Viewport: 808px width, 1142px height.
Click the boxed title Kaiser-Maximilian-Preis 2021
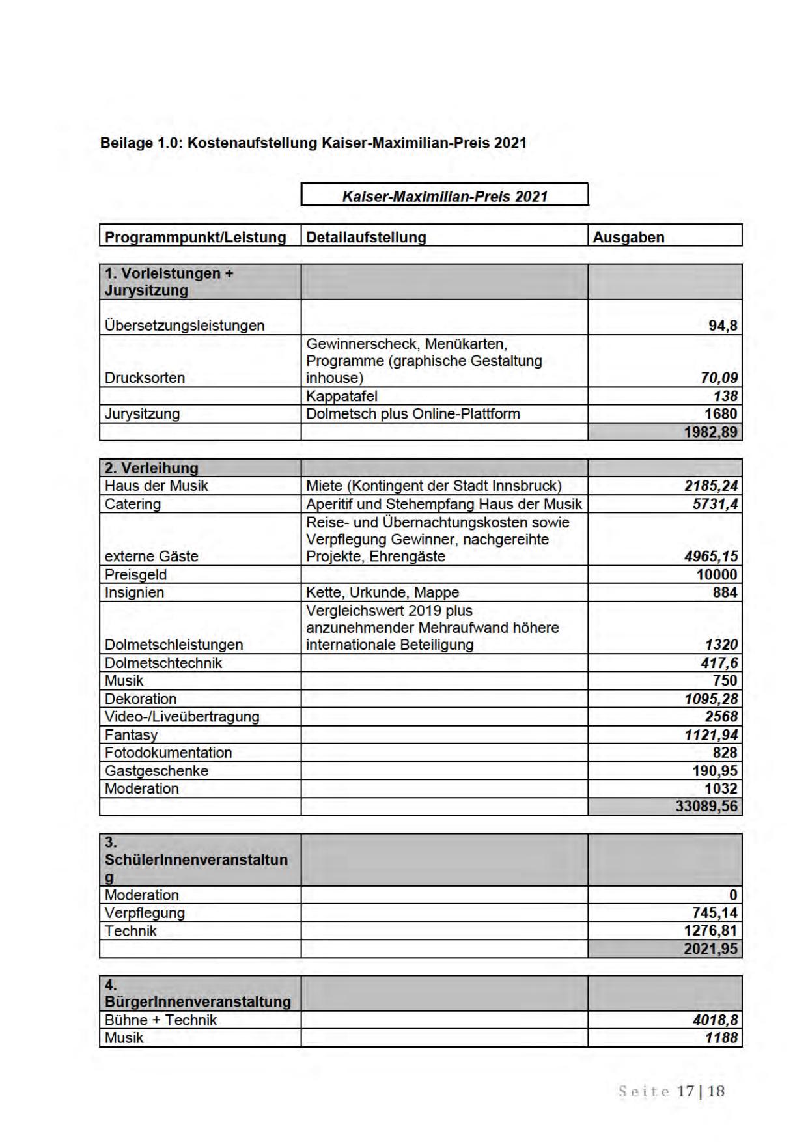point(445,196)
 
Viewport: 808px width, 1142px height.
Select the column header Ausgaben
point(628,237)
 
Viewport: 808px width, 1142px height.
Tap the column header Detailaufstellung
point(366,237)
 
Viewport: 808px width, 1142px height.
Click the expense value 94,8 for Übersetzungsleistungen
point(723,326)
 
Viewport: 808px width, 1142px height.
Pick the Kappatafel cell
point(342,396)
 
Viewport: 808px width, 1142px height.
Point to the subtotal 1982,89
point(710,432)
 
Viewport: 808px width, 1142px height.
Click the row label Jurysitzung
point(142,414)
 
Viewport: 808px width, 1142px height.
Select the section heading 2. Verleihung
point(151,468)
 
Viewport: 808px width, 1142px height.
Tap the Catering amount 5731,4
point(715,504)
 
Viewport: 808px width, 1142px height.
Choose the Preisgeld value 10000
point(717,575)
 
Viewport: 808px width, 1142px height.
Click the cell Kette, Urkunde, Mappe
point(382,592)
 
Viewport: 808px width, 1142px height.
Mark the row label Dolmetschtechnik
point(163,663)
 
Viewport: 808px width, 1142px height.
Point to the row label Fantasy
point(131,735)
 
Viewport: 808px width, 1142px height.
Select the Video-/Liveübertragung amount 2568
point(721,717)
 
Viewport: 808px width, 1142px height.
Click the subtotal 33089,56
point(706,807)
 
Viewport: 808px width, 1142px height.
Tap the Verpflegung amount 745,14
point(715,913)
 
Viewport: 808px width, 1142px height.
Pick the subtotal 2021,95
point(710,949)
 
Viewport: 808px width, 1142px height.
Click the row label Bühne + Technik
point(160,1020)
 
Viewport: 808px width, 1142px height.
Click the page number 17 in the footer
point(686,1091)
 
